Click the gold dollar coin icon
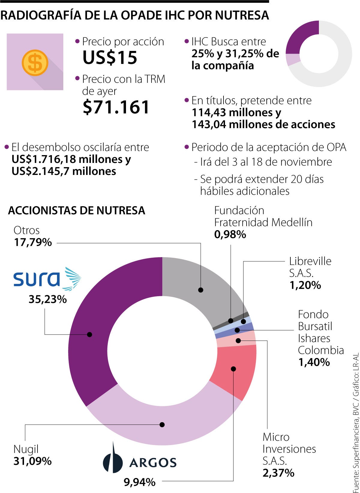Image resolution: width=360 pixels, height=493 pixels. point(35,62)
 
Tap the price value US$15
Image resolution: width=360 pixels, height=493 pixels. point(110,57)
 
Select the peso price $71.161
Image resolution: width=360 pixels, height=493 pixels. point(116,107)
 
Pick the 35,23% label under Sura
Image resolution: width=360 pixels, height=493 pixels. point(47,299)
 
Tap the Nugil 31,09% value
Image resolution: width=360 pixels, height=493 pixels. point(32,461)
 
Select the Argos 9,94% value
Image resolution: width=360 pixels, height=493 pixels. point(139,482)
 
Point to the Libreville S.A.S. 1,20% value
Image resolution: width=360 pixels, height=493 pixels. point(305,285)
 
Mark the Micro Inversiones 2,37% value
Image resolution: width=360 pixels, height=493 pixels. point(278,473)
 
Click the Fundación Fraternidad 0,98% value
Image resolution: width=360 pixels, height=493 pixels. point(230,234)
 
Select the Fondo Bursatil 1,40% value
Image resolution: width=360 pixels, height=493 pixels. point(314,362)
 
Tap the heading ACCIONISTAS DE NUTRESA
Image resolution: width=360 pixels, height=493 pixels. point(76,210)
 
